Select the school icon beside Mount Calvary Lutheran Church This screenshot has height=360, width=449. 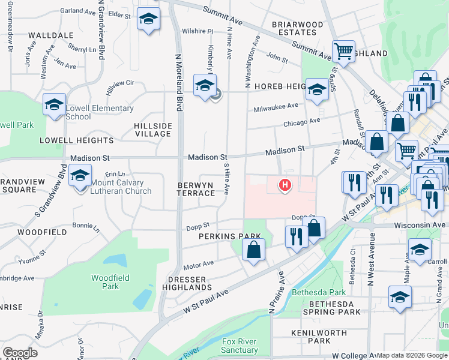tap(79, 177)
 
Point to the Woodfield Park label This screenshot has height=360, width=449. tap(105, 282)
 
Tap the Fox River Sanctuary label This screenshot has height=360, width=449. tap(240, 346)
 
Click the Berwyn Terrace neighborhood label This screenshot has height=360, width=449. tap(196, 189)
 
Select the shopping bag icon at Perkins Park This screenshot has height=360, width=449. tap(254, 249)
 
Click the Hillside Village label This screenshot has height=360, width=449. tap(152, 129)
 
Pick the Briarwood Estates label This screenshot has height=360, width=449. tap(297, 28)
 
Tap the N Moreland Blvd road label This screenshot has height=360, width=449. tap(178, 81)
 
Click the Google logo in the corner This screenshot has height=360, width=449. tap(20, 353)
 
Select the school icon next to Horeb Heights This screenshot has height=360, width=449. tap(317, 89)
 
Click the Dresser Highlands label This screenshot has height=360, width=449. tap(187, 283)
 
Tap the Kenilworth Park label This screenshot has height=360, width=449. tap(310, 336)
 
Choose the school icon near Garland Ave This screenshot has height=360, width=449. tap(147, 20)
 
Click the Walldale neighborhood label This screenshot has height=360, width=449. tap(50, 35)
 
